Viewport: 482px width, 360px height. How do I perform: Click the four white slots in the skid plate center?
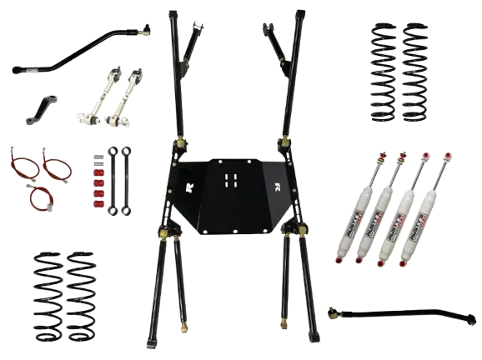(x=229, y=179)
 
